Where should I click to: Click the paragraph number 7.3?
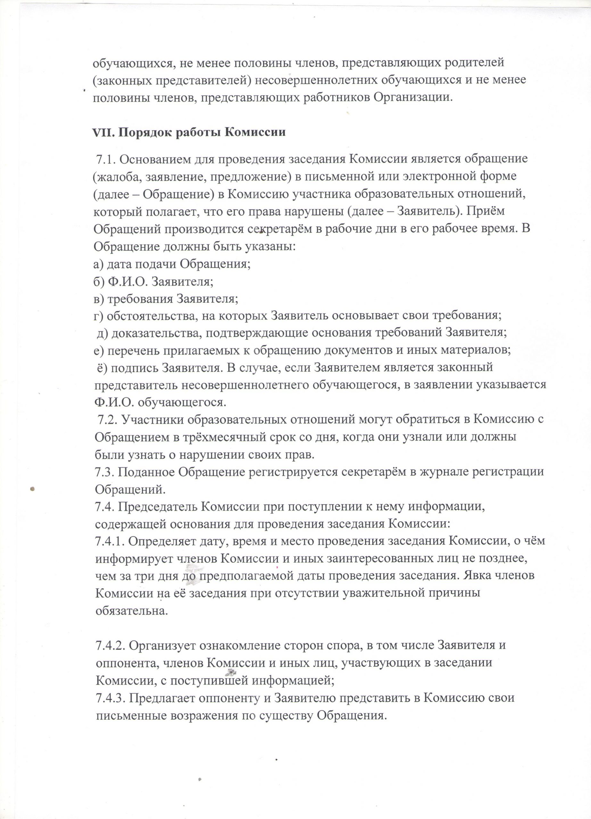(x=104, y=472)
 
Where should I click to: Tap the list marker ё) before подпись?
(x=102, y=368)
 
